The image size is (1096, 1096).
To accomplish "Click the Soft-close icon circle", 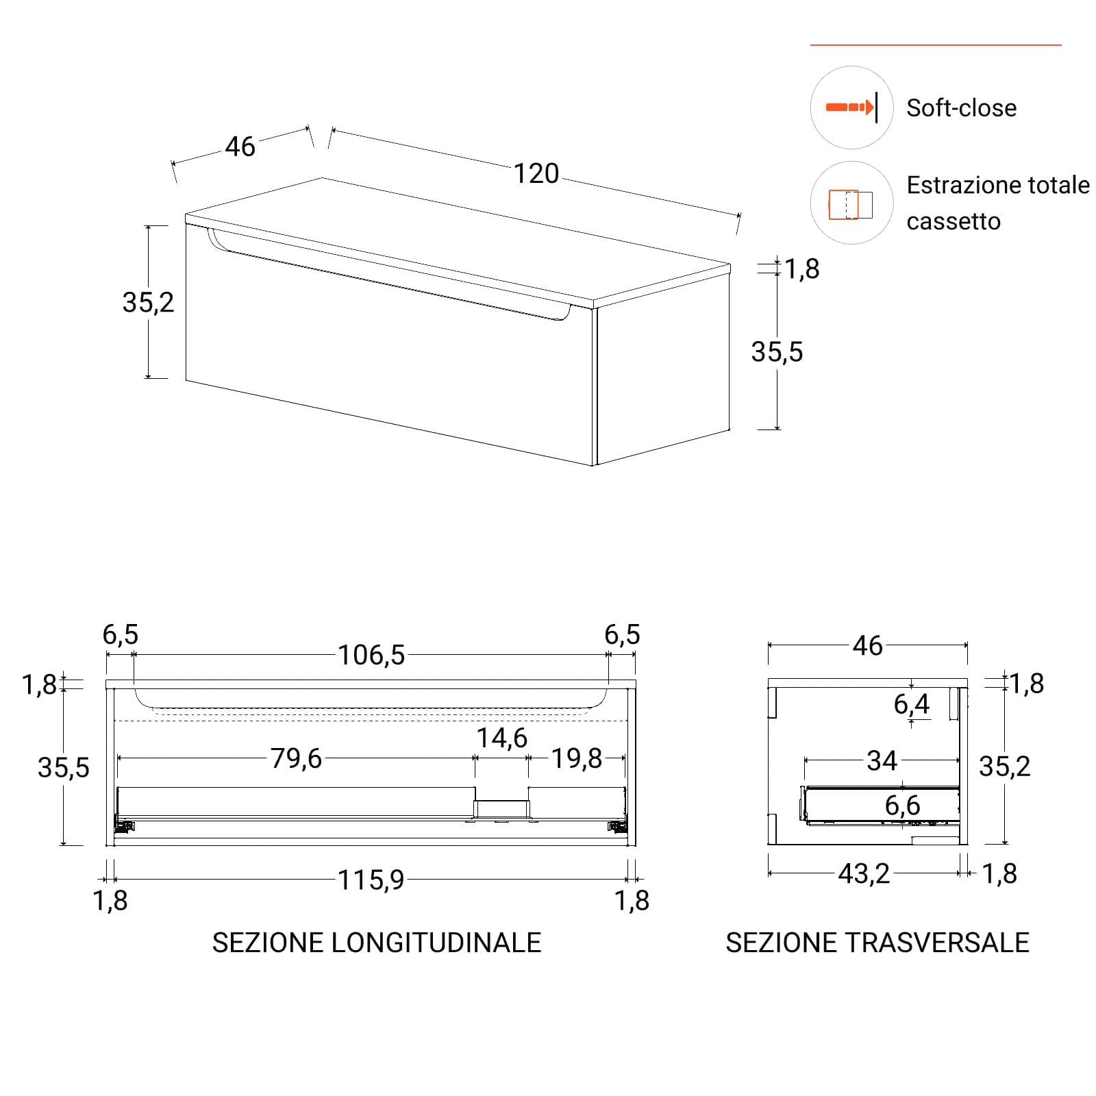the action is pyautogui.click(x=851, y=108).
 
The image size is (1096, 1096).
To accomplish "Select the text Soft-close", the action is pyautogui.click(x=961, y=108).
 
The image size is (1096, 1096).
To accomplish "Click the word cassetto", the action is pyautogui.click(x=954, y=222).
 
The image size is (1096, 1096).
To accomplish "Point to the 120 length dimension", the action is pyautogui.click(x=536, y=174).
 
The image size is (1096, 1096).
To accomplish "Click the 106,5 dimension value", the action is pyautogui.click(x=371, y=656).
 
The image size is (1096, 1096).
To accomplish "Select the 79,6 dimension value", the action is pyautogui.click(x=296, y=758).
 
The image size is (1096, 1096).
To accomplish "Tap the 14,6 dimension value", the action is pyautogui.click(x=502, y=738).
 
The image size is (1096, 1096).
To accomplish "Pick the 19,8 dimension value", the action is pyautogui.click(x=577, y=758).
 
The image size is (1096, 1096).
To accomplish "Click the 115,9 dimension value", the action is pyautogui.click(x=371, y=880).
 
